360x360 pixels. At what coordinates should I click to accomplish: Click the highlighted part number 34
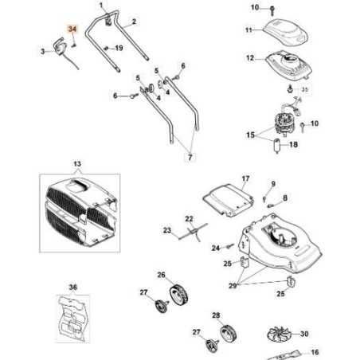72,29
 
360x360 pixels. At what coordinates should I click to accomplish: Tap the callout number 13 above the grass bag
77,163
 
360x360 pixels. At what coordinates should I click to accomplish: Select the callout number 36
72,287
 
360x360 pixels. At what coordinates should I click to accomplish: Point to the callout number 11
248,30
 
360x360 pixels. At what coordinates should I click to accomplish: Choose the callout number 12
249,58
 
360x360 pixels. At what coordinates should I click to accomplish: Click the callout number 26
160,276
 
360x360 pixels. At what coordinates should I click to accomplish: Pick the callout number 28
216,315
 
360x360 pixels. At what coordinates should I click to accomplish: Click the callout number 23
167,232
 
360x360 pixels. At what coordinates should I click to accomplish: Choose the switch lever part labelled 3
59,46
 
